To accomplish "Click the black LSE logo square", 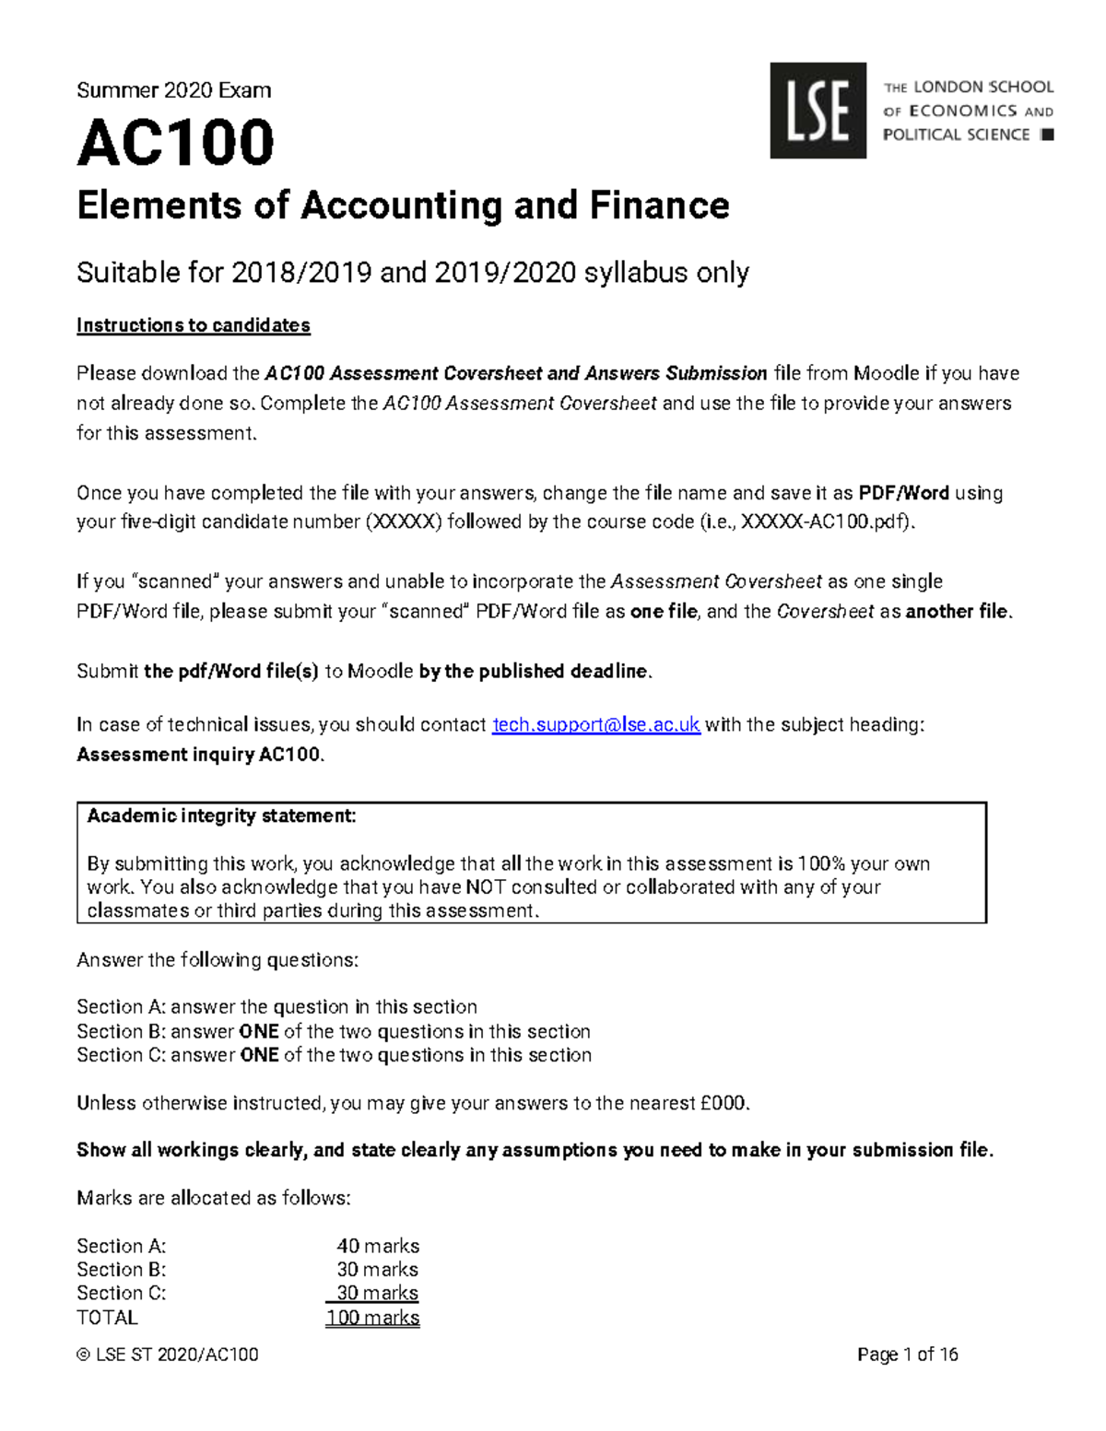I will pos(818,111).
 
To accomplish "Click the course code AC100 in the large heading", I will pos(175,144).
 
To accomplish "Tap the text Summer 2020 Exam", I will pos(173,90).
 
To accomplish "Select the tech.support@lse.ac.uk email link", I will pos(596,725).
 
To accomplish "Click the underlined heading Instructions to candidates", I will pos(193,325).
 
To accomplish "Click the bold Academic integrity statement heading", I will pos(221,816).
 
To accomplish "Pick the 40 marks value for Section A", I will pos(378,1246).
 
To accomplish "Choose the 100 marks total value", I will pos(372,1318).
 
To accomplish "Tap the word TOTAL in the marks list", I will pos(107,1318).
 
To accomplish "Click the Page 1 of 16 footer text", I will pos(907,1355).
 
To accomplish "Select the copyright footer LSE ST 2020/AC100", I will pos(168,1355).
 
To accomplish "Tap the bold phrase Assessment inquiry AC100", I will pos(198,755).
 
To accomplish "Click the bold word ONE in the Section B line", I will pos(259,1031).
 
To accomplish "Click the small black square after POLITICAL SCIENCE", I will pos(1046,135).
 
